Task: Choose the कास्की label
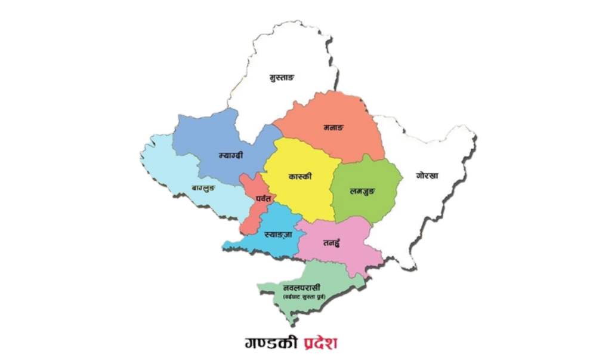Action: (300, 177)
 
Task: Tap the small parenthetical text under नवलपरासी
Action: (304, 296)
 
